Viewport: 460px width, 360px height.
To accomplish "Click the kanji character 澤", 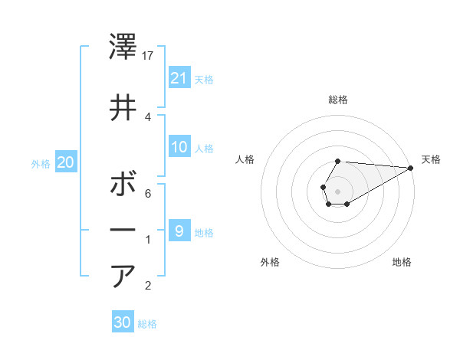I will pos(124,47).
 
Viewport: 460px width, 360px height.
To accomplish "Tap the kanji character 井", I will pos(124,109).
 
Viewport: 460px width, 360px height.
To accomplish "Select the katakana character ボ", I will pos(124,185).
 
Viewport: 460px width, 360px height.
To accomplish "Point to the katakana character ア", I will pos(124,277).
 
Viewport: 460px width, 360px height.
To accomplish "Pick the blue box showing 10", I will pos(179,147).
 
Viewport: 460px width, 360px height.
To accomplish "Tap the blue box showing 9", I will pos(179,231).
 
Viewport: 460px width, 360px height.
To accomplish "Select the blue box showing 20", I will pos(65,162).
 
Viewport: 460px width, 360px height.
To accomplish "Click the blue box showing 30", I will pos(123,322).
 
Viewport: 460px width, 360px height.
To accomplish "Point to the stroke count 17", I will pos(149,56).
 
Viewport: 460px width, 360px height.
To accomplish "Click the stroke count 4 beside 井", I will pos(148,117).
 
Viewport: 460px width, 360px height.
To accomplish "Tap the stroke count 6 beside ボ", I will pos(148,194).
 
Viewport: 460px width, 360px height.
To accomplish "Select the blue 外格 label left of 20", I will pos(41,163).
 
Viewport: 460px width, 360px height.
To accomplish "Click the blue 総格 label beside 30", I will pos(147,323).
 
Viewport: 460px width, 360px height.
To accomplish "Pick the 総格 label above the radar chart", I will pos(338,100).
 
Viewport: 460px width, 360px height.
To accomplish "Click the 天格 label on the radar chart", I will pos(431,159).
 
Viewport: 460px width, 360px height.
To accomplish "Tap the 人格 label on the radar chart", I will pos(245,159).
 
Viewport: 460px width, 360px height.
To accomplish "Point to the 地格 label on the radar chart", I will pos(402,262).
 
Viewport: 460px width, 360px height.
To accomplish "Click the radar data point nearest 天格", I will pos(411,168).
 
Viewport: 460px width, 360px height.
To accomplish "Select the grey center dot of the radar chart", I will pos(337,190).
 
